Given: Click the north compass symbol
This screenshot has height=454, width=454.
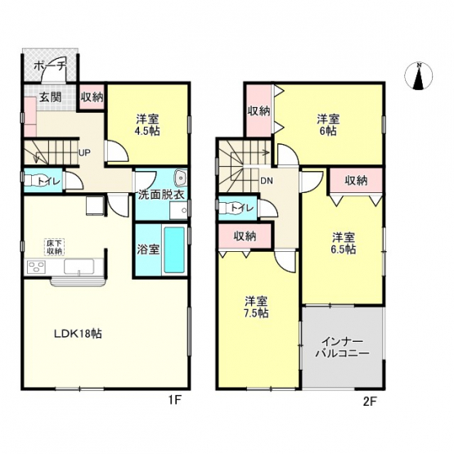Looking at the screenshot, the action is click(418, 76).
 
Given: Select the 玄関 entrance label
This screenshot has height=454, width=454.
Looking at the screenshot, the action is click(51, 97).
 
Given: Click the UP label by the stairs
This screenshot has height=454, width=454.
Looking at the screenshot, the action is click(86, 152).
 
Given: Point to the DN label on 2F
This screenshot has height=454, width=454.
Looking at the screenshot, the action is click(267, 182).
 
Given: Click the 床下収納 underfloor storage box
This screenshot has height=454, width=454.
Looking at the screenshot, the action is click(55, 247).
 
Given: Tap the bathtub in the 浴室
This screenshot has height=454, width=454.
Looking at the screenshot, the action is click(174, 249).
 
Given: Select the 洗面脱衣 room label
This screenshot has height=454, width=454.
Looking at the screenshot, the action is click(161, 195).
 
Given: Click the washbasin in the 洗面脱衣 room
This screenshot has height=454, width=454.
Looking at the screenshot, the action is click(182, 178).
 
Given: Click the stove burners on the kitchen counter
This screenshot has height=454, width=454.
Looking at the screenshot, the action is click(37, 267).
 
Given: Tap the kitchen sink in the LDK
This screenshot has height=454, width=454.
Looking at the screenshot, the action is click(79, 267).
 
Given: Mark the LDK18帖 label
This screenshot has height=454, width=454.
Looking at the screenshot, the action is click(79, 334).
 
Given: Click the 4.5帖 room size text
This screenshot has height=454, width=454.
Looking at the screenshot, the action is click(147, 131).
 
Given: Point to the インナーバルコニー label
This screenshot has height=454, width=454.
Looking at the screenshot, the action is click(343, 348).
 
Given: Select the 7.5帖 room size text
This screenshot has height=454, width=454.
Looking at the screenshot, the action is click(256, 313).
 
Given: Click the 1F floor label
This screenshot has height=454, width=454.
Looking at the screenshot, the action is click(175, 401).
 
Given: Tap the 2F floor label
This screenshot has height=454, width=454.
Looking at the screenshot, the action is click(369, 401).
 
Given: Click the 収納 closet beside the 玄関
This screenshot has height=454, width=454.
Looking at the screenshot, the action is click(92, 97).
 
